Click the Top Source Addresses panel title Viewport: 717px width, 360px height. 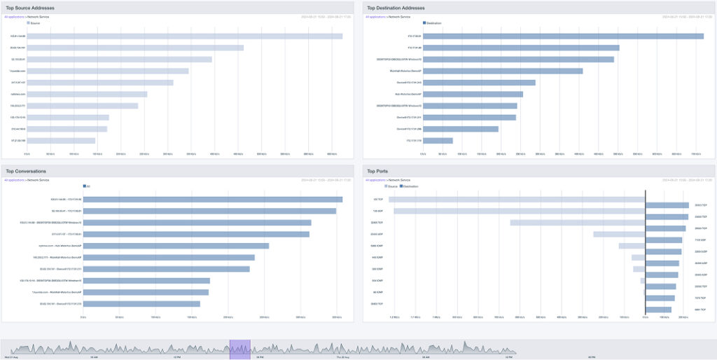[30, 8]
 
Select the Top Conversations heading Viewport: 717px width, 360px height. [26, 171]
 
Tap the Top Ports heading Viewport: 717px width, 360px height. [380, 171]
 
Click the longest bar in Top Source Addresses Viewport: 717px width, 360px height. [185, 36]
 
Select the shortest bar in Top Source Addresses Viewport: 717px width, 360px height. [61, 140]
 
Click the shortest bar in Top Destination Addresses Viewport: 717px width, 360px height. [438, 140]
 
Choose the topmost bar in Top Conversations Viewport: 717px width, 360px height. [213, 199]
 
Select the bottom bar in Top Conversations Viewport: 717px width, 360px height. [142, 304]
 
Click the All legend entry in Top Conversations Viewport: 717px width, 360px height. [88, 186]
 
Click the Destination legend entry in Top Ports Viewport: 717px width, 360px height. [410, 186]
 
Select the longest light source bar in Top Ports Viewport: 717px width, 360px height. [517, 199]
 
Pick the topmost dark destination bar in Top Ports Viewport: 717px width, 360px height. [667, 205]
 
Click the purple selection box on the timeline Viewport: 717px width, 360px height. [239, 349]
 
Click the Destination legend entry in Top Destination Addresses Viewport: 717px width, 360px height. [433, 22]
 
